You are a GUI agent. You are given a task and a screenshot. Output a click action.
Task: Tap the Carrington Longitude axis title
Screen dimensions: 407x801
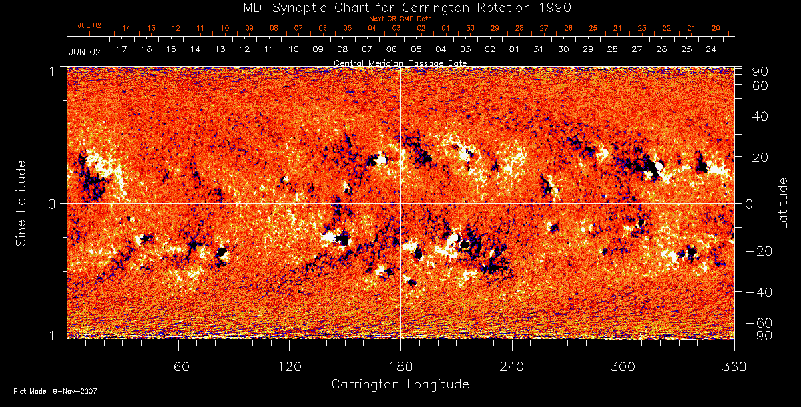[x=400, y=384]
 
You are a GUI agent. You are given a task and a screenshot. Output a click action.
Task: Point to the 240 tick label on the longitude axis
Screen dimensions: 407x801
[x=511, y=366]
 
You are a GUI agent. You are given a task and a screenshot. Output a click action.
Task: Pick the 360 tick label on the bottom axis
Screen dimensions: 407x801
[x=734, y=366]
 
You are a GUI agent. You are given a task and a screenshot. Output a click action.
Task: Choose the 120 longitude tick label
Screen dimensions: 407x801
[x=289, y=366]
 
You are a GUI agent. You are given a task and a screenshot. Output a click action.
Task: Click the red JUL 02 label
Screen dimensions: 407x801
[x=89, y=25]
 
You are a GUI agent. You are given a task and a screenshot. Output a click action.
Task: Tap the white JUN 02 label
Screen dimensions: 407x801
[x=84, y=51]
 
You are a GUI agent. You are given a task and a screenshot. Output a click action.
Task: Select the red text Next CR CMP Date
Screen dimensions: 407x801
[x=400, y=19]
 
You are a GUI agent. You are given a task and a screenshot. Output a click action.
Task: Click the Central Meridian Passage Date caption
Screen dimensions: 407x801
[x=400, y=63]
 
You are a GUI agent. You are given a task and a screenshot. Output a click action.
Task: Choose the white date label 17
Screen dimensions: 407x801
[x=121, y=49]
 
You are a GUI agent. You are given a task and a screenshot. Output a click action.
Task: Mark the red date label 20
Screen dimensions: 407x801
[x=716, y=28]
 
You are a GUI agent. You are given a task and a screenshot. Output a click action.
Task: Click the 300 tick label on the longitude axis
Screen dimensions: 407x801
[x=623, y=366]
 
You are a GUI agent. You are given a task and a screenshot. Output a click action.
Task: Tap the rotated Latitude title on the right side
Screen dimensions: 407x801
[x=782, y=202]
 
